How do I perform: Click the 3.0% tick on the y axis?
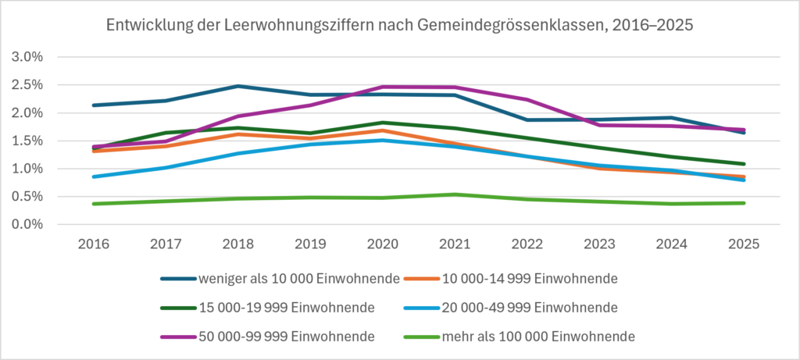[27, 57]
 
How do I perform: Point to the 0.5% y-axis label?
[27, 197]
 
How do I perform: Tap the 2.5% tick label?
[27, 85]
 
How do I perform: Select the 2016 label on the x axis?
[94, 244]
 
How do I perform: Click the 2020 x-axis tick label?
[383, 244]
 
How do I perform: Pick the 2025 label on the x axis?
[745, 244]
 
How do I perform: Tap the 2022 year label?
[527, 244]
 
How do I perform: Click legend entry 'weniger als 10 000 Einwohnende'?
[280, 279]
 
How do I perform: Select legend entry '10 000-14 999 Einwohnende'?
[511, 279]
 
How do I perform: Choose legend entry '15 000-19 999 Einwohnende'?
[268, 308]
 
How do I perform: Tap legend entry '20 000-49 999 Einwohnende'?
[511, 308]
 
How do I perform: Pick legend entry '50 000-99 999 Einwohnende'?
[268, 337]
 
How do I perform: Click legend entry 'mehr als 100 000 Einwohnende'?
[520, 337]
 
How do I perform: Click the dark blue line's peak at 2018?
[238, 86]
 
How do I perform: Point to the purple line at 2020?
[383, 87]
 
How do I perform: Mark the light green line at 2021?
[455, 194]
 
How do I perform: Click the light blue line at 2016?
[94, 176]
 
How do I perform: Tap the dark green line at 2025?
[745, 164]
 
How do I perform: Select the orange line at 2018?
[238, 134]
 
